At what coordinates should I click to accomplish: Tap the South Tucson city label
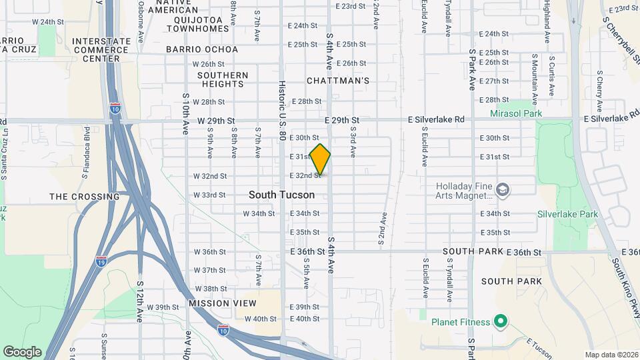click(281, 195)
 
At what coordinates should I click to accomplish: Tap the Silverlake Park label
click(568, 214)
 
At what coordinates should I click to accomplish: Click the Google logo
click(22, 351)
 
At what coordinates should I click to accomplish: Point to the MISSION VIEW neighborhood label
click(222, 303)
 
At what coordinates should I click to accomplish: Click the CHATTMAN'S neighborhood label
click(338, 81)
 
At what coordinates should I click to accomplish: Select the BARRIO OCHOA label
click(202, 49)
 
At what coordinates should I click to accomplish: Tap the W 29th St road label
click(217, 121)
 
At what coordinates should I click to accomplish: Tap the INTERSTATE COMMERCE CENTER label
click(101, 49)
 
